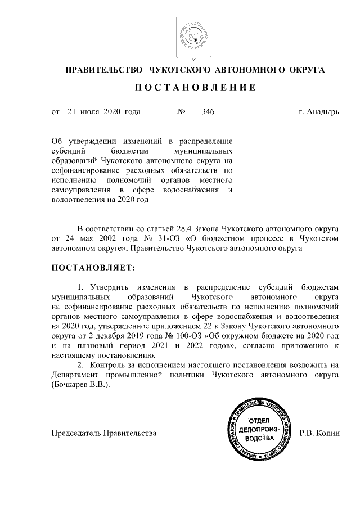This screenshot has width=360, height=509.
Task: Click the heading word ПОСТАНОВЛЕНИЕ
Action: pyautogui.click(x=195, y=88)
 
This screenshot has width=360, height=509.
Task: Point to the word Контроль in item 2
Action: pyautogui.click(x=112, y=366)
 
